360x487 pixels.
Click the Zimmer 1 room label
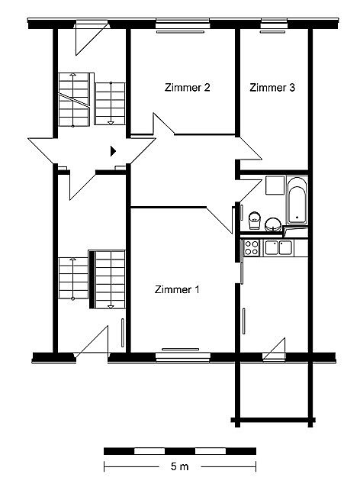pyautogui.click(x=177, y=289)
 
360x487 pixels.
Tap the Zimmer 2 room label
pyautogui.click(x=187, y=87)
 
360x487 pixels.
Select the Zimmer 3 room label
pyautogui.click(x=272, y=87)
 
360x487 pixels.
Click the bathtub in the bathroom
pyautogui.click(x=297, y=200)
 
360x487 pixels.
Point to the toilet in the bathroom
pyautogui.click(x=255, y=220)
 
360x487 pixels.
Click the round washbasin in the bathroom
pyautogui.click(x=273, y=224)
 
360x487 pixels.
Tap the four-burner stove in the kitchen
pyautogui.click(x=252, y=248)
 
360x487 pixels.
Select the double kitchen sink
pyautogui.click(x=278, y=248)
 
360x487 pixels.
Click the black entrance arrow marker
pyautogui.click(x=113, y=151)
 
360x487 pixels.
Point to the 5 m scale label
pyautogui.click(x=179, y=466)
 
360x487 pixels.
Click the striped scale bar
pyautogui.click(x=180, y=451)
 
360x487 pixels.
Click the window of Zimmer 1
pyautogui.click(x=183, y=357)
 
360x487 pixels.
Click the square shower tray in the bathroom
pyautogui.click(x=275, y=185)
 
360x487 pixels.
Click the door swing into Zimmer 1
pyautogui.click(x=220, y=220)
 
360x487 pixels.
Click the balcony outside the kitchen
pyautogui.click(x=274, y=391)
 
